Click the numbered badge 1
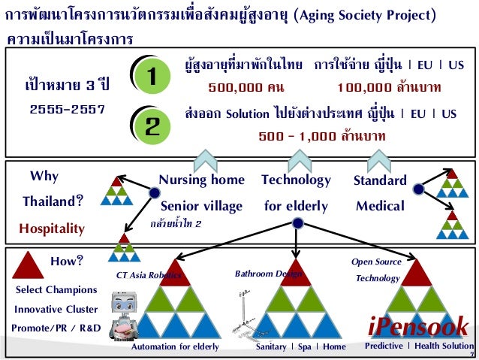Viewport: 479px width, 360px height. point(152,76)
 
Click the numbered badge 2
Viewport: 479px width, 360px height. point(152,124)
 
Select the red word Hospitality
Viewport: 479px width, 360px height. point(52,228)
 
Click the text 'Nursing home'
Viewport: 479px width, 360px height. point(202,180)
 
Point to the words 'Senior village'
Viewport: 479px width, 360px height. point(201,205)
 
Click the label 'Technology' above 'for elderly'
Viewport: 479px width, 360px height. point(296,180)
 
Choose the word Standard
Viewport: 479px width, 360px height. point(380,180)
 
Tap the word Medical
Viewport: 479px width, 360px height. point(380,205)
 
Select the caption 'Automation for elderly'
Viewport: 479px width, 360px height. point(175,347)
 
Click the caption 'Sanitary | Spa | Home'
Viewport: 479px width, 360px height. point(300,347)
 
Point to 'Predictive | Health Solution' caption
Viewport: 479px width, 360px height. point(419,346)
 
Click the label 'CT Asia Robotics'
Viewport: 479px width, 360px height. point(149,275)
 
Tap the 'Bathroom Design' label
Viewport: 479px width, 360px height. point(268,274)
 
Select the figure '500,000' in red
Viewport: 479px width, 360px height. point(235,87)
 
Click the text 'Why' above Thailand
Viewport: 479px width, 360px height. point(44,177)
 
